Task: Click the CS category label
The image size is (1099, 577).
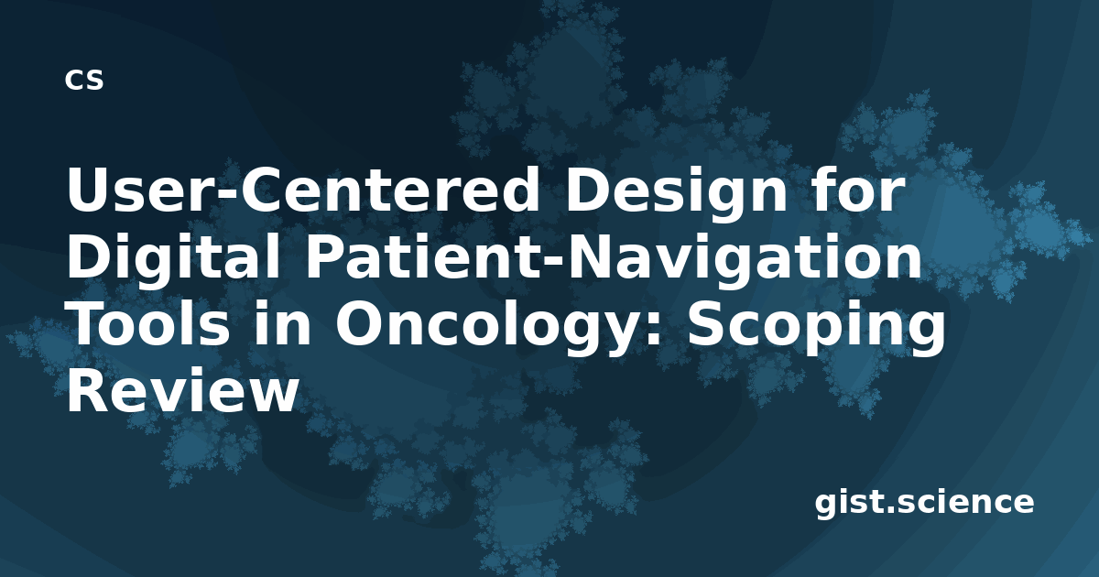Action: point(84,80)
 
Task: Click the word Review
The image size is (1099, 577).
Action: point(182,388)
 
